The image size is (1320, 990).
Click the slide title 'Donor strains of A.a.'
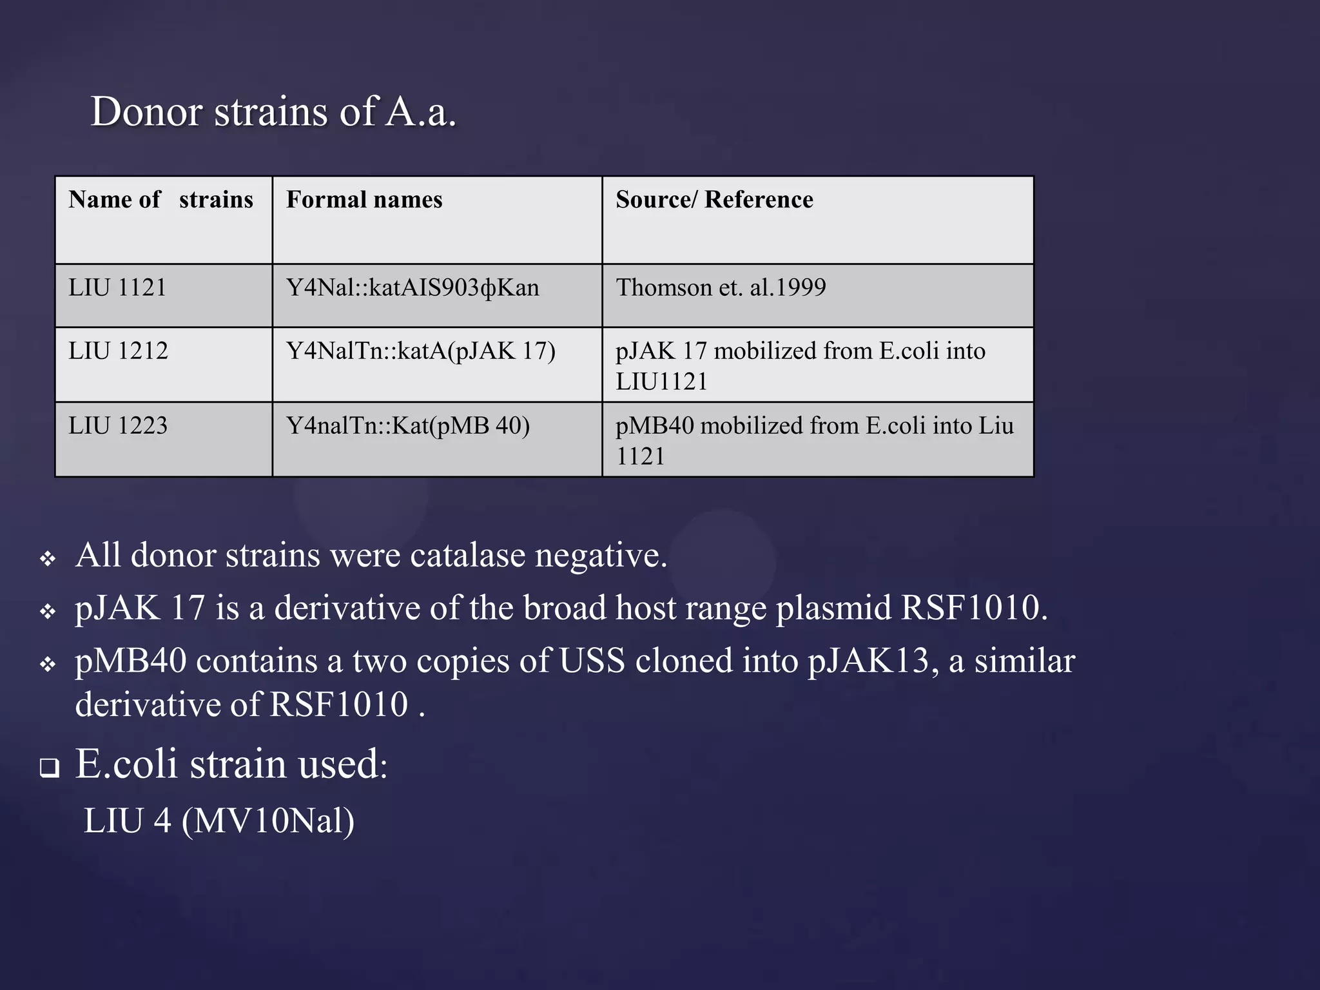coord(273,112)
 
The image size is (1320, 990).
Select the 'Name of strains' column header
coord(160,200)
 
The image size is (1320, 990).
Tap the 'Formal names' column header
coord(364,200)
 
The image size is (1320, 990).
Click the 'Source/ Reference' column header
coord(714,200)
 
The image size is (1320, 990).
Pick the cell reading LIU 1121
coord(117,287)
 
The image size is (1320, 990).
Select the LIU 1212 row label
coord(118,351)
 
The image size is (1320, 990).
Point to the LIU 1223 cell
coord(118,425)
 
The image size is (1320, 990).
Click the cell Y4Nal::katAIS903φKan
coord(412,287)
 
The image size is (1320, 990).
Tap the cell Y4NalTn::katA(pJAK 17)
coord(420,351)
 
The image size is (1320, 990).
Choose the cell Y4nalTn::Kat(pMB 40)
coord(408,425)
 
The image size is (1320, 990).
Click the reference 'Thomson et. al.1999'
coord(721,287)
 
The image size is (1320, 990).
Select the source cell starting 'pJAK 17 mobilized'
coord(800,365)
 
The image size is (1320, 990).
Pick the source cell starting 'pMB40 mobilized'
coord(814,440)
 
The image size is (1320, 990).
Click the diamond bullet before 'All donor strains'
coord(48,558)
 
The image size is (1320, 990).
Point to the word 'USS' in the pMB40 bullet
coord(592,661)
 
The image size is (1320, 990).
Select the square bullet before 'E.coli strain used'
coord(49,768)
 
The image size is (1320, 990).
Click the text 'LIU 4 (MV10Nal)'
coord(219,820)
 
